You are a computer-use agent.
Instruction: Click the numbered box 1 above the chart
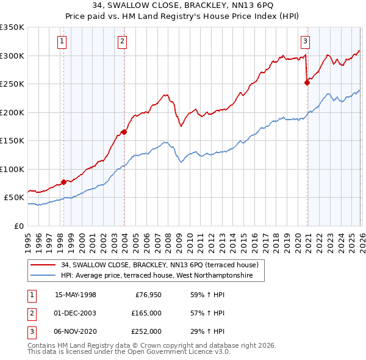(x=63, y=41)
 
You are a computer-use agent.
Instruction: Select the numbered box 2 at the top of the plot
(x=123, y=41)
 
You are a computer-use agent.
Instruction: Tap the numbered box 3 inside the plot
(x=305, y=41)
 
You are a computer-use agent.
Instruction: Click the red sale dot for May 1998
(x=63, y=182)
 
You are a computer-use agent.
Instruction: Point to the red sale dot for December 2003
(x=124, y=132)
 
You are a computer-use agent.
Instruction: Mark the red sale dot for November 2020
(x=307, y=83)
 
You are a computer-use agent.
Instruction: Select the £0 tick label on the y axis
(x=18, y=226)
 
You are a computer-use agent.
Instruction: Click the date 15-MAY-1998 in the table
(x=76, y=294)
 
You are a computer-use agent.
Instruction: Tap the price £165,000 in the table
(x=146, y=313)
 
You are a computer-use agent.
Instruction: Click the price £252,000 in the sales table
(x=146, y=331)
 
